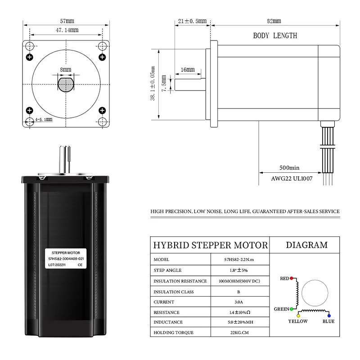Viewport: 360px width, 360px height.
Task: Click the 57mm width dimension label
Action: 67,21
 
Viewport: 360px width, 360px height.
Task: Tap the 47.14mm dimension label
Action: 67,30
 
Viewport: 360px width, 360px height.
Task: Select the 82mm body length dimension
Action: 274,21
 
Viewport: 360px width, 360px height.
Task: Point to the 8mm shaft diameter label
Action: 66,70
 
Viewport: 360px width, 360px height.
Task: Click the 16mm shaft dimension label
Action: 187,70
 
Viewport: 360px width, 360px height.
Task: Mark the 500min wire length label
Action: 289,168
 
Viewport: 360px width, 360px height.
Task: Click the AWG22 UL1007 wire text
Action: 292,178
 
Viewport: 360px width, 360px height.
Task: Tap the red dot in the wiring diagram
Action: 292,279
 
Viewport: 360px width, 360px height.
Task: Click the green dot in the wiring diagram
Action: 292,309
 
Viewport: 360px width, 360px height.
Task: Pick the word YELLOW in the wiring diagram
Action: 298,321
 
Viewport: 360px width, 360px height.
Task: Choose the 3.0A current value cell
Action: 240,302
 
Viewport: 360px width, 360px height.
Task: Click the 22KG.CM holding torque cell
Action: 240,333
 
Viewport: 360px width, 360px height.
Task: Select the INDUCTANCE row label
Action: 168,322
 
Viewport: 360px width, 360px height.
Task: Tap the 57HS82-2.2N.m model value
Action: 240,260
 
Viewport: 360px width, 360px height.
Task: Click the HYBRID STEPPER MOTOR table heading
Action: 210,245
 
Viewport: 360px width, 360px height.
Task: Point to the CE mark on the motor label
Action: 80,265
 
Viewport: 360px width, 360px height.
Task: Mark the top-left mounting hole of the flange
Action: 30,46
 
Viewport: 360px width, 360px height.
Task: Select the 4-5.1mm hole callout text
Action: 44,120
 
